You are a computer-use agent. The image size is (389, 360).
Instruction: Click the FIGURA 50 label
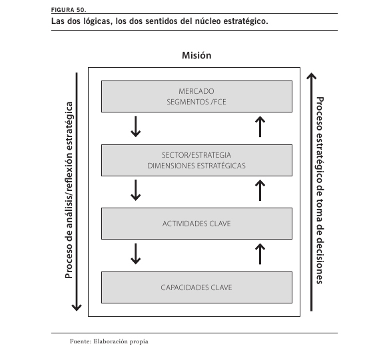coord(69,10)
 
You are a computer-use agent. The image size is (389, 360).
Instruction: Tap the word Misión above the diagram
coord(196,55)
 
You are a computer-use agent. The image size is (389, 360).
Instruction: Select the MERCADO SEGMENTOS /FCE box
coord(196,96)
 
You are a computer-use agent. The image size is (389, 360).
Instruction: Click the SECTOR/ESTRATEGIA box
coord(196,160)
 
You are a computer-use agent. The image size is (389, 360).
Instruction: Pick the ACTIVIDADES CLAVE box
coord(196,224)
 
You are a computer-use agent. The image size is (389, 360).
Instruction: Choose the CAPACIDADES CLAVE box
coord(196,287)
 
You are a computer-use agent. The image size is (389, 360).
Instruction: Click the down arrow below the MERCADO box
coord(135,126)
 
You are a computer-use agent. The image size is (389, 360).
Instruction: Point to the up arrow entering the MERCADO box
coord(260,126)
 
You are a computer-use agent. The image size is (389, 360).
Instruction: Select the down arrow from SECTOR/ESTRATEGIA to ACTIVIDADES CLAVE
coord(135,190)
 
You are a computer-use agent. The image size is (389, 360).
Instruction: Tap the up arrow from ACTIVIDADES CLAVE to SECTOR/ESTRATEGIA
coord(260,190)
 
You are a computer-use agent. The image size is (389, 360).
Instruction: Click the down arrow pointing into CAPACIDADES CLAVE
coord(135,254)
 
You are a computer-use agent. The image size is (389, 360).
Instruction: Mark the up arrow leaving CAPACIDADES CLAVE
coord(260,254)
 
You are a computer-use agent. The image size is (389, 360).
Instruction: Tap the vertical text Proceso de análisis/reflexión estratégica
coord(69,190)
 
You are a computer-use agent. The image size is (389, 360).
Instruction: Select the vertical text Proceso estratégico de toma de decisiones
coord(320,190)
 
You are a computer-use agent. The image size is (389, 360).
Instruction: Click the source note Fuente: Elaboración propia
coord(109,341)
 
